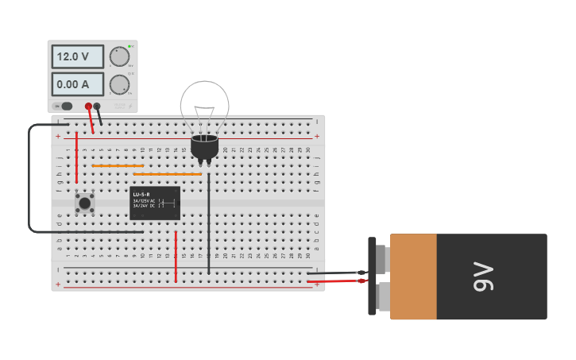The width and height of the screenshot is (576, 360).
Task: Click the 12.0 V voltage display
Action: [77, 56]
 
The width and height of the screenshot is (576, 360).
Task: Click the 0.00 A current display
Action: [77, 83]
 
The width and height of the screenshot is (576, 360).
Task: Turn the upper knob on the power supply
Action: [119, 56]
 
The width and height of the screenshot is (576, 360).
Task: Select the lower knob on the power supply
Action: [119, 84]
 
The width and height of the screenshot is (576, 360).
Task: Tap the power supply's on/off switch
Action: [64, 106]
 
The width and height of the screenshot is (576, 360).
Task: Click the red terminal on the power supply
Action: [88, 106]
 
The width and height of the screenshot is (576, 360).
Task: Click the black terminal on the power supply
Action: [97, 106]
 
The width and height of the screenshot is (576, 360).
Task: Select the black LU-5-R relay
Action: [155, 203]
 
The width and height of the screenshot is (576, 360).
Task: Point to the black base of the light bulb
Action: [204, 147]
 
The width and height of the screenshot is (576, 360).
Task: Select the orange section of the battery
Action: [413, 277]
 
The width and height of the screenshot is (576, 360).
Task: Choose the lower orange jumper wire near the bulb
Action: [167, 173]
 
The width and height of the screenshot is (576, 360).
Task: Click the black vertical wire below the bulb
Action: [209, 223]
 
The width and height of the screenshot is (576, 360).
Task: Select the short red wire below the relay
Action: [176, 257]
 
